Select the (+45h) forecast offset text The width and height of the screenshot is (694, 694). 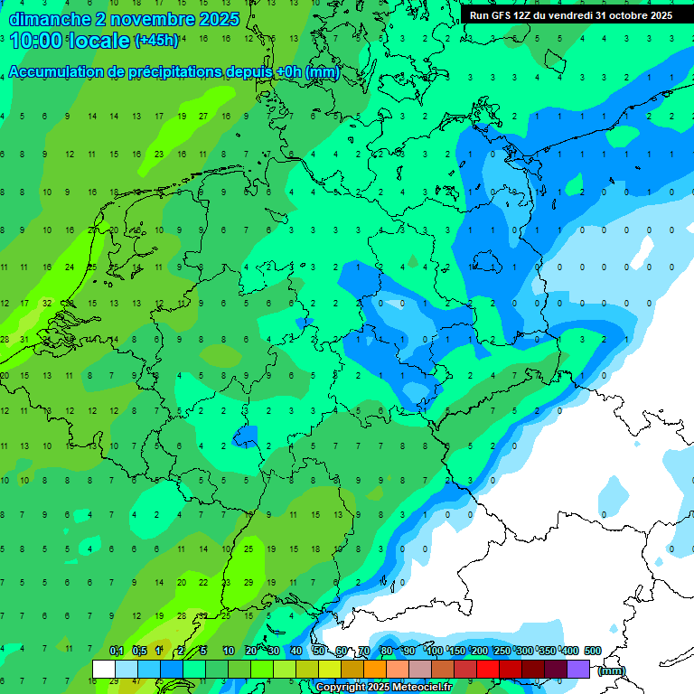(156, 41)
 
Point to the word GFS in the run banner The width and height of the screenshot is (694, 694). (500, 15)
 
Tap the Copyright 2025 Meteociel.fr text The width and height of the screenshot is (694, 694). (383, 688)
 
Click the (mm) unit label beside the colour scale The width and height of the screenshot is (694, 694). (612, 671)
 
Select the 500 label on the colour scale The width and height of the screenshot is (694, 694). (592, 651)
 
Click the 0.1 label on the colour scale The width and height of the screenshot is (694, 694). (116, 651)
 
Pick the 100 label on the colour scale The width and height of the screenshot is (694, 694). (434, 651)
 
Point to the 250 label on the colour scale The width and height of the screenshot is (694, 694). (502, 651)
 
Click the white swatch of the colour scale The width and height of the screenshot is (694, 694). (104, 669)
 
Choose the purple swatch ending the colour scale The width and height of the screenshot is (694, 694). (578, 669)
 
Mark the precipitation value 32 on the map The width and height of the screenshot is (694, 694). (47, 304)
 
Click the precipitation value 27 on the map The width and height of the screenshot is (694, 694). (204, 116)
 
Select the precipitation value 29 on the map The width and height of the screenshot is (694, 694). (249, 584)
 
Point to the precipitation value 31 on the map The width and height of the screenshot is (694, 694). (25, 340)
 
